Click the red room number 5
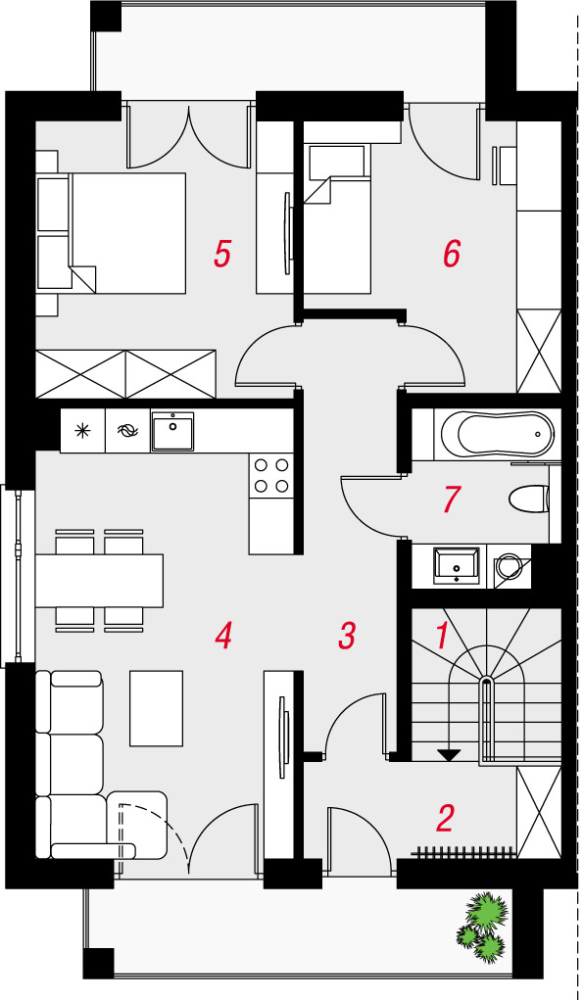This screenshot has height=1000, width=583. point(222,254)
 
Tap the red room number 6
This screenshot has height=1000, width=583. point(452,254)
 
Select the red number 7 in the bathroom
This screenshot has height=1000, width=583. point(452,500)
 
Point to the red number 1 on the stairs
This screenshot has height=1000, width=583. point(442,636)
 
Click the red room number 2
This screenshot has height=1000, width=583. point(445,818)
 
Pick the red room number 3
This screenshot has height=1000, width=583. point(347,636)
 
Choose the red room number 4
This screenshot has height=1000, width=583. point(222,636)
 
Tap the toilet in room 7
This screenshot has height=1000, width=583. point(529,499)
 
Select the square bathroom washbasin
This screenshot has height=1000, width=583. point(456,564)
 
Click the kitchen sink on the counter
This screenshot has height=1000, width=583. point(172,431)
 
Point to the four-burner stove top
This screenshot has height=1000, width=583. point(271,474)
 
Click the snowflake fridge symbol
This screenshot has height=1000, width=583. point(82,431)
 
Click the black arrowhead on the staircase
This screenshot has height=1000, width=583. point(450,755)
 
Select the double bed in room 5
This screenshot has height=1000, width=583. point(127,233)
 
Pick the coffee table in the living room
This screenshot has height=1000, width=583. point(156,708)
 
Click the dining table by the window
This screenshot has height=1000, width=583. point(99,581)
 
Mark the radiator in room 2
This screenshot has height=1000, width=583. point(463,850)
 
